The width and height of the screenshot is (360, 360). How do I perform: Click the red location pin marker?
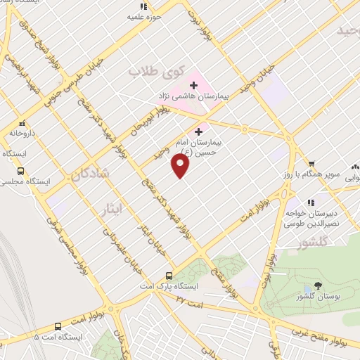181,166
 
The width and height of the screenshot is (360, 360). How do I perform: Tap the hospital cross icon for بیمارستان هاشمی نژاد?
194,84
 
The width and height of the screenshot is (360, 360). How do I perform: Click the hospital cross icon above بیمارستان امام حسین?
199,131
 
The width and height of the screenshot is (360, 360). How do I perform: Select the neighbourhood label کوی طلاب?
159,72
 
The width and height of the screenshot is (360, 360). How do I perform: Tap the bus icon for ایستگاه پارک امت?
169,276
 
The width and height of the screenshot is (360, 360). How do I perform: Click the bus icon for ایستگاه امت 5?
58,326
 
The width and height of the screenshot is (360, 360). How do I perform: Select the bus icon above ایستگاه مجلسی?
20,171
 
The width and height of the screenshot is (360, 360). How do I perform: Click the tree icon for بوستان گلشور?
319,285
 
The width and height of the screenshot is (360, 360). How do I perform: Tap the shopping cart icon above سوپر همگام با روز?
311,164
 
